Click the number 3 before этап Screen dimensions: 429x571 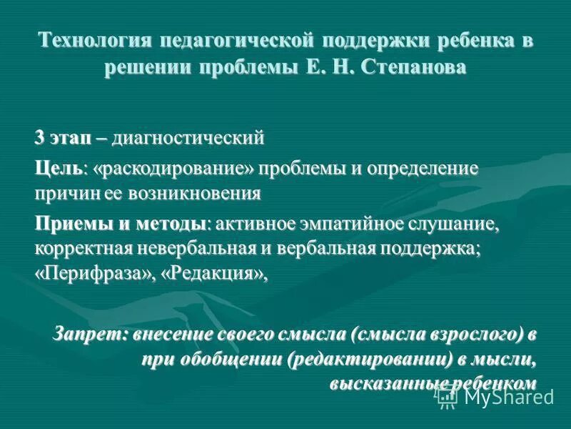click(40, 136)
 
